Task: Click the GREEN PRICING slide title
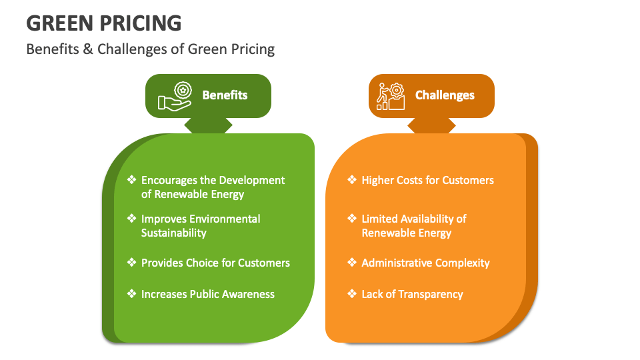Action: tap(104, 23)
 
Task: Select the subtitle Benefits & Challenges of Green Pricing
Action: tap(150, 49)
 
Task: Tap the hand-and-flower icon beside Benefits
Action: tap(175, 96)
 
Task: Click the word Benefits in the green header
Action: tap(225, 95)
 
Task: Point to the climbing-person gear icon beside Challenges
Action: tap(391, 96)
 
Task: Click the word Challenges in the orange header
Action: tap(445, 95)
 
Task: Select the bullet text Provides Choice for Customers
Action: tap(215, 263)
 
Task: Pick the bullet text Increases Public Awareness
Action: tap(207, 294)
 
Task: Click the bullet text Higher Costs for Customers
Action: tap(427, 180)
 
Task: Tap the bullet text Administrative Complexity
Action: tap(425, 263)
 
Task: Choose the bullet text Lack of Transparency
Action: tap(412, 294)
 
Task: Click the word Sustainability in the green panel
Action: tap(174, 233)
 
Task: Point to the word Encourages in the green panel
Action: tap(170, 180)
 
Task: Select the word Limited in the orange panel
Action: tap(381, 219)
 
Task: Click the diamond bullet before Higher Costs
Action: tap(352, 180)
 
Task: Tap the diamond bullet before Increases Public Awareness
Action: tap(131, 294)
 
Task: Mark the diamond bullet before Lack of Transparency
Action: tap(352, 294)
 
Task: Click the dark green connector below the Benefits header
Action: tap(208, 125)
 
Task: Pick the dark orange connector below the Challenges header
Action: tap(431, 125)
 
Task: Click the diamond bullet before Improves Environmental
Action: tap(131, 219)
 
